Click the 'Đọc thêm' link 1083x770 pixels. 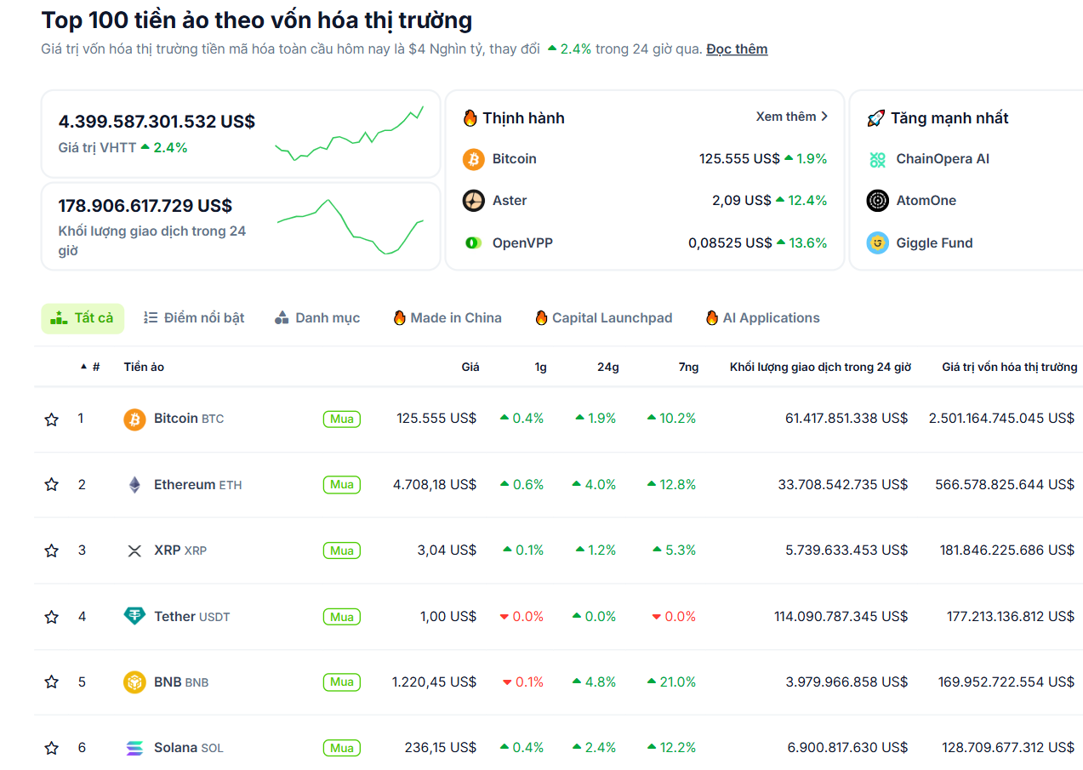coord(736,49)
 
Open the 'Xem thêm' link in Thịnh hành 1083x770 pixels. coord(791,117)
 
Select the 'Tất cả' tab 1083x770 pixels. coord(83,318)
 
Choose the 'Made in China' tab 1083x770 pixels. coord(447,318)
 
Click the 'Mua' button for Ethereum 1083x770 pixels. coord(341,485)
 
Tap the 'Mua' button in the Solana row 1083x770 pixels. coord(341,748)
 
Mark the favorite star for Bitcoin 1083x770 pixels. coord(52,419)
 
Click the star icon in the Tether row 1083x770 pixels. coord(52,617)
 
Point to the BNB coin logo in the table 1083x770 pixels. coord(134,682)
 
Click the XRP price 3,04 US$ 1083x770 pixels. coord(447,550)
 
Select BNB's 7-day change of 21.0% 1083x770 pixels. coord(671,682)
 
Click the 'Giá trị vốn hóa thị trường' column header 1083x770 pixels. coord(1009,368)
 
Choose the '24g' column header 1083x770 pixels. coord(607,368)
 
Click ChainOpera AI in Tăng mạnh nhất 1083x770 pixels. coord(942,159)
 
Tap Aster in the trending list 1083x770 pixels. coord(509,201)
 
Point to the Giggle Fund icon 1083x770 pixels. coord(877,243)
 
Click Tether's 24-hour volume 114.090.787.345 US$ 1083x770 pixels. coord(841,617)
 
